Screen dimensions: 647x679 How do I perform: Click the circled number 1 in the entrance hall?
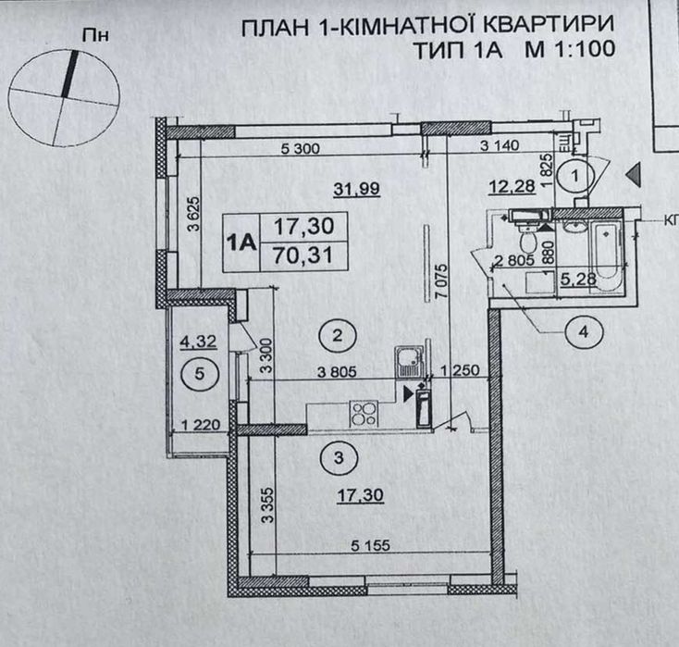click(577, 173)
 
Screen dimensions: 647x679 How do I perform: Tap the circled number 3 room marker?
click(339, 456)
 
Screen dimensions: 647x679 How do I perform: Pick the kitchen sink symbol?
click(406, 357)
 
